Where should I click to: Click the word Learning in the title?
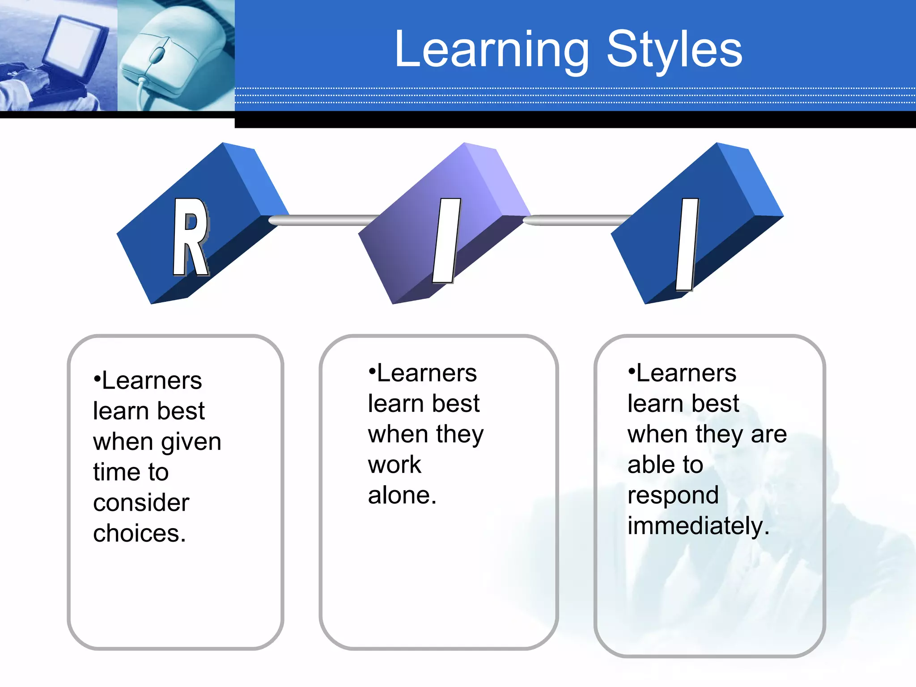[x=492, y=50]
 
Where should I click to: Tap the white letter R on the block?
[x=191, y=237]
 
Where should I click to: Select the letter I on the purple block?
[x=446, y=240]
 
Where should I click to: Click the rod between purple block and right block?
[x=577, y=220]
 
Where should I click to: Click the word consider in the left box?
[x=141, y=503]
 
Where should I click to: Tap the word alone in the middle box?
[x=401, y=496]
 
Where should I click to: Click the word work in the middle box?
[x=394, y=465]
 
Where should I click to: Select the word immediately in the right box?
[x=698, y=526]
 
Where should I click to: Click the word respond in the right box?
[x=673, y=496]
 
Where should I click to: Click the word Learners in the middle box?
[x=426, y=373]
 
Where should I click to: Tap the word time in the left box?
[x=113, y=472]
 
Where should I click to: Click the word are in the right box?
[x=768, y=434]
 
